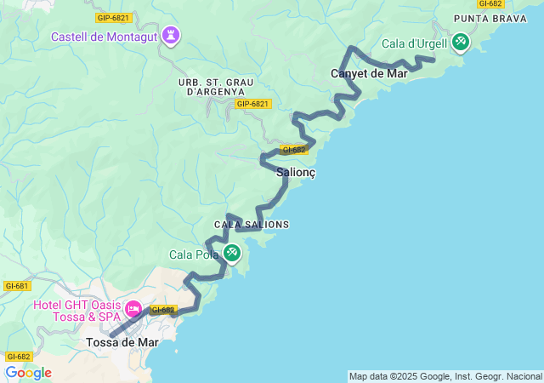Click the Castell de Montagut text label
pos(105,37)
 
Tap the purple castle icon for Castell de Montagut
pos(172,36)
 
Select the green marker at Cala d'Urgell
pos(460,41)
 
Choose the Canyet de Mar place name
pos(369,74)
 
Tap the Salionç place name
pos(297,172)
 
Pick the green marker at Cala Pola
pos(232,253)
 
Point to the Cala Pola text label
pos(194,254)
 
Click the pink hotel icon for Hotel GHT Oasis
pos(133,307)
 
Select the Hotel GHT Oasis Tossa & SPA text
pos(76,312)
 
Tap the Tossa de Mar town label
pos(122,342)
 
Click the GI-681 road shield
pos(17,286)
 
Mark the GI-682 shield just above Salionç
pos(294,149)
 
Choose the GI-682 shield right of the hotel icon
pos(163,310)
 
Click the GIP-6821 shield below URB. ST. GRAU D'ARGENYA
pos(252,104)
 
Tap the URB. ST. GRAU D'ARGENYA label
pos(212,86)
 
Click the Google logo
pos(28,373)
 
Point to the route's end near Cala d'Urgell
pos(433,59)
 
